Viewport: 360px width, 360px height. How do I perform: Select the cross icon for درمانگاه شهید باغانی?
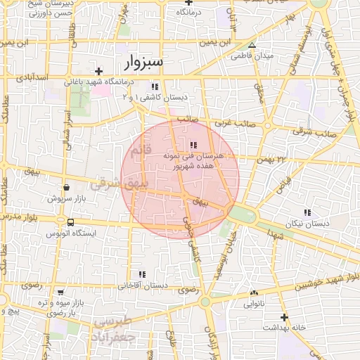98,71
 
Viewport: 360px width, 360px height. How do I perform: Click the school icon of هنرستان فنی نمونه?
194,145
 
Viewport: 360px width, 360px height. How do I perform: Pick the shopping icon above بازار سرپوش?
66,188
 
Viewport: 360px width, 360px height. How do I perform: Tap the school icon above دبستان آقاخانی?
142,274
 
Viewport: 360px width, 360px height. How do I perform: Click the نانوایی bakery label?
254,304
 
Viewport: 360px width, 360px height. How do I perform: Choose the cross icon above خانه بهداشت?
284,317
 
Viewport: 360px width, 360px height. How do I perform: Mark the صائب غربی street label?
233,122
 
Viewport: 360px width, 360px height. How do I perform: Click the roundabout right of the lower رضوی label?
205,302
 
